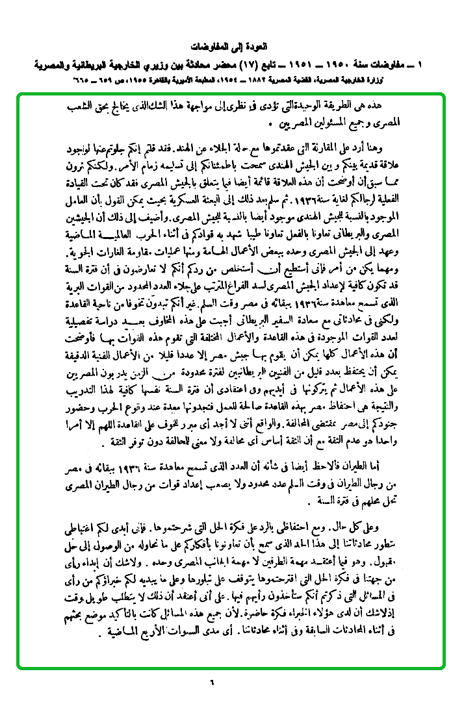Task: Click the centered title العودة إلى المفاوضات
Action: [231, 47]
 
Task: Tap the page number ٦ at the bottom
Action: [212, 681]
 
